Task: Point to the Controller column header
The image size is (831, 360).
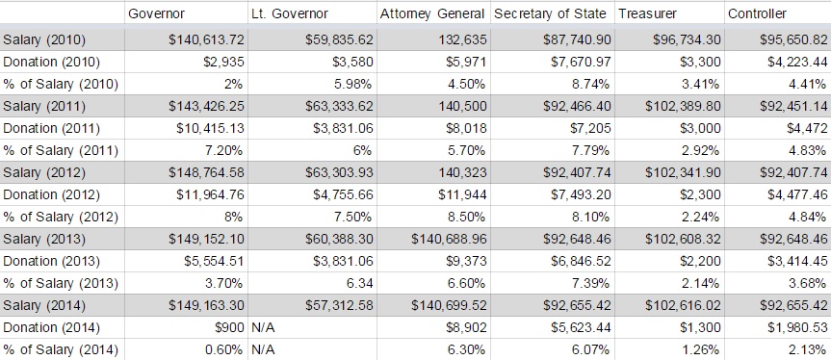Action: [x=757, y=14]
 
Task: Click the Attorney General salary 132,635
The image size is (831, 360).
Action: [x=461, y=39]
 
